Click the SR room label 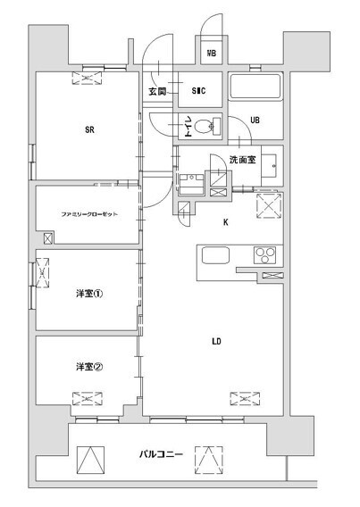coord(89,130)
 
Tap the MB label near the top coord(212,54)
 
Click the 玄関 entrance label coord(157,91)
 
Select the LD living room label coord(216,340)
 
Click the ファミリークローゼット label coord(89,215)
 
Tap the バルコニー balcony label coord(161,454)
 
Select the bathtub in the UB coord(255,87)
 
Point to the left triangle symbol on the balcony coord(89,459)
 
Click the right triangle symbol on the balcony coord(207,459)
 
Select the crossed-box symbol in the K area coord(269,206)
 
